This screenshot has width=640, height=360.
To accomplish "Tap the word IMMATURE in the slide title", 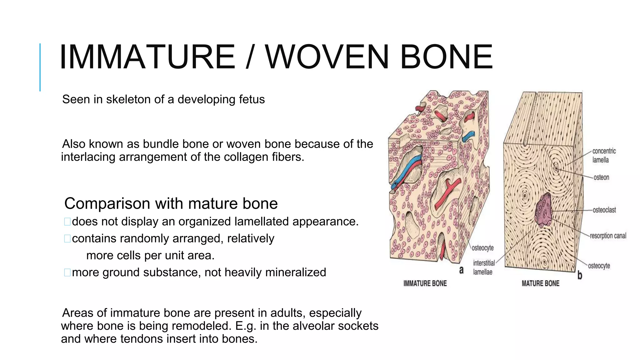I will point(147,57).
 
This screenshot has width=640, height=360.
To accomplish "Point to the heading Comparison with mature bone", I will point(171,203).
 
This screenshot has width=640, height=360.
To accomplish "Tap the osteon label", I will point(601,177).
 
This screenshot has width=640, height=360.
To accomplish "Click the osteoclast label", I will point(604,210).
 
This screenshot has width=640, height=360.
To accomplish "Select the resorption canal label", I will point(608,236).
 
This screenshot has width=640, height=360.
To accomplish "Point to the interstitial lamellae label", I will point(483,267).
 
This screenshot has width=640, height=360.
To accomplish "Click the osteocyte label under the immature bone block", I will point(482,248).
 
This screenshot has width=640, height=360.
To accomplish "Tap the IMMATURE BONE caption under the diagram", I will point(425,283).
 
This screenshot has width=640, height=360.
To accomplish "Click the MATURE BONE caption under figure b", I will point(540,283).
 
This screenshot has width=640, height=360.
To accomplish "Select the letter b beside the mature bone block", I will point(580,275).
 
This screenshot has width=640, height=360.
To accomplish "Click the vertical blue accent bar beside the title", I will point(40,67).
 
